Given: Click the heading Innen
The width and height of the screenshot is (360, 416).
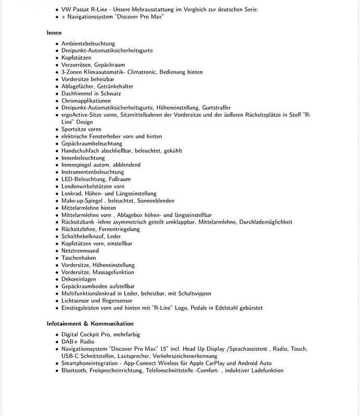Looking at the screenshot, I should click(x=54, y=33).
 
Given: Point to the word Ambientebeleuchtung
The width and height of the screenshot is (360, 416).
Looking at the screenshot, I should click(x=88, y=44).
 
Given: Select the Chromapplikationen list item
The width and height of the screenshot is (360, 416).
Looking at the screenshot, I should click(x=86, y=101).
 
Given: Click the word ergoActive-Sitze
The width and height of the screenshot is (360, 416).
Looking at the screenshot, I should click(x=82, y=115).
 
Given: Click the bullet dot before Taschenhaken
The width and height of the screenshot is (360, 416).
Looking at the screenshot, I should click(x=57, y=258).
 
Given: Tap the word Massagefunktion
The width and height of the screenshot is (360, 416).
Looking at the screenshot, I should click(x=114, y=272).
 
